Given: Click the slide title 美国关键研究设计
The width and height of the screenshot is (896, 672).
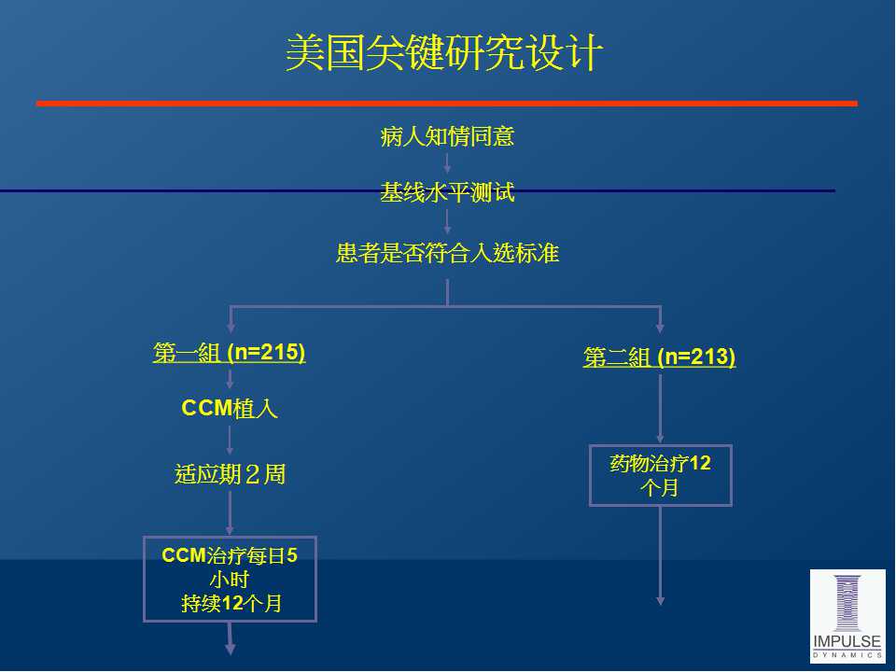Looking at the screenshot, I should (443, 53).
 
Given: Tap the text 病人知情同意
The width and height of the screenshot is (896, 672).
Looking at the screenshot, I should (447, 137).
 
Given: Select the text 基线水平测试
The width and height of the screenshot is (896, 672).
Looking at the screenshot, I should (447, 194).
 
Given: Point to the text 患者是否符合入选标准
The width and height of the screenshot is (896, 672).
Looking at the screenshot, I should (447, 253).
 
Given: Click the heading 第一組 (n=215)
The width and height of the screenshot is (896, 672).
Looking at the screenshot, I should (230, 353).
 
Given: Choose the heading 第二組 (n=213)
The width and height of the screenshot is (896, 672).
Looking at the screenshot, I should (659, 357).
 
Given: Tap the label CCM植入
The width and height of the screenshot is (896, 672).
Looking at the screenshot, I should (230, 408).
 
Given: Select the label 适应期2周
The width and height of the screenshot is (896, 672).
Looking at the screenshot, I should (230, 474).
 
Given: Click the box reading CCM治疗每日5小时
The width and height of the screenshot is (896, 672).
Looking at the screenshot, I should (230, 579).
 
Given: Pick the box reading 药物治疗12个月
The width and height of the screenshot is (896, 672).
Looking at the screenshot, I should (660, 475).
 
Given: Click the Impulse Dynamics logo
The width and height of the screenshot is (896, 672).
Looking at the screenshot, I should (847, 615).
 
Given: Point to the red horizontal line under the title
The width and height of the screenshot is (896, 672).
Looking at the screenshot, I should (446, 104).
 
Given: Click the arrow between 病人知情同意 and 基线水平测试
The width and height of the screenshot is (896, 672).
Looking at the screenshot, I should (447, 163).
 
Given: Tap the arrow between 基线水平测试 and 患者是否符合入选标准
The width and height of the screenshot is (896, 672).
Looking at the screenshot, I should (447, 220).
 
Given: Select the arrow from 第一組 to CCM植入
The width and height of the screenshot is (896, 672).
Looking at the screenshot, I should (230, 378).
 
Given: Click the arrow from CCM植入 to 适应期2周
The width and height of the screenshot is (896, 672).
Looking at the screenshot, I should (230, 441).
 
